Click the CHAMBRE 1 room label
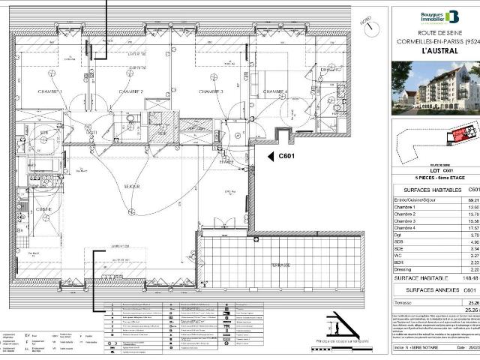tap(49, 91)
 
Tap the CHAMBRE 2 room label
tap(130, 91)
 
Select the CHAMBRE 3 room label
tap(211, 91)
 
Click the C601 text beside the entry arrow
tap(289, 156)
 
